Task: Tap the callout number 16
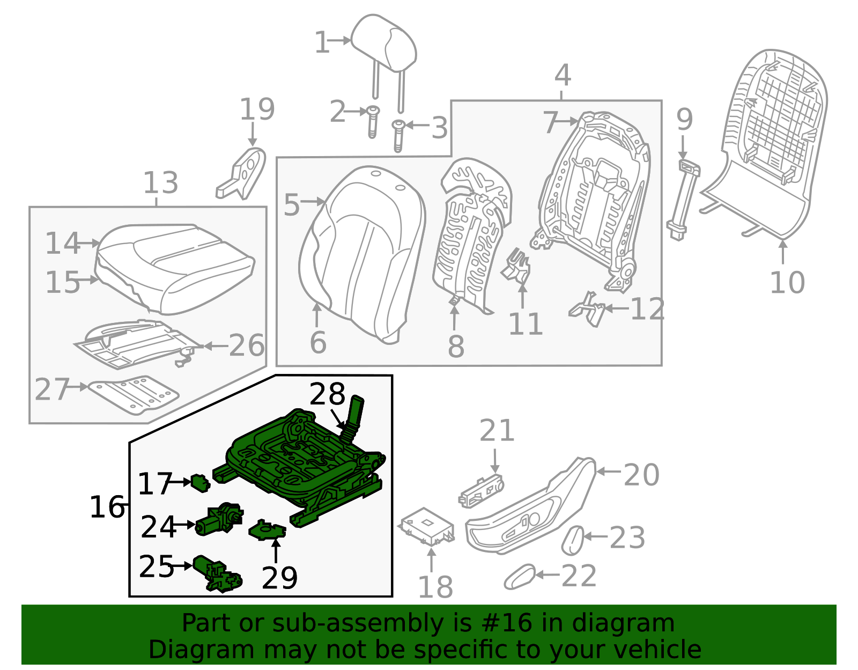pos(107,507)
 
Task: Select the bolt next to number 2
pos(372,121)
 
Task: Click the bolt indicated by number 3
pos(398,134)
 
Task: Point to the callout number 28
pos(327,395)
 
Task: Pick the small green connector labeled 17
pos(200,483)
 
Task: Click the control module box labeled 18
pos(428,526)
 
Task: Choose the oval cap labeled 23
pos(572,540)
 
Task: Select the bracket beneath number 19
pos(244,173)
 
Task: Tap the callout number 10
pos(787,282)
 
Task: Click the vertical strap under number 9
pos(683,198)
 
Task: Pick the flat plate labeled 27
pos(134,394)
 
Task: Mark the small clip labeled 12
pos(588,310)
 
